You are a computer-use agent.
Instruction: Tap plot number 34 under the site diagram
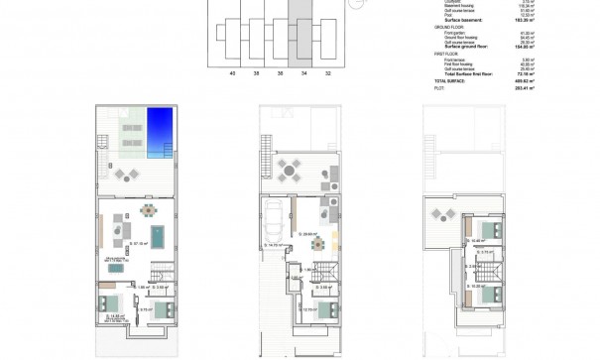(x=304, y=73)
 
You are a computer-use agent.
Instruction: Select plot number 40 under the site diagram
(x=232, y=73)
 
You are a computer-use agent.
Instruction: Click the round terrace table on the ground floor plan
(x=289, y=171)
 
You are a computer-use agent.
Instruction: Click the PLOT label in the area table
(x=439, y=88)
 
